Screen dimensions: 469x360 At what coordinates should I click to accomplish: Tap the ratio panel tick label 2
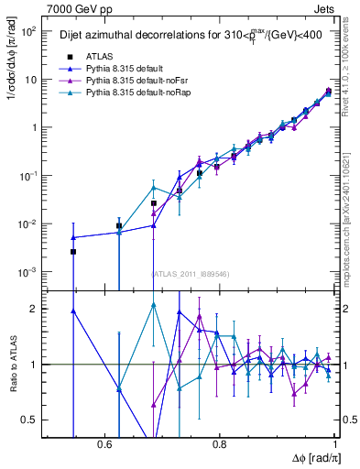click(35, 310)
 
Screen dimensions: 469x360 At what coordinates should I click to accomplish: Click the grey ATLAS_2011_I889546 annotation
click(191, 273)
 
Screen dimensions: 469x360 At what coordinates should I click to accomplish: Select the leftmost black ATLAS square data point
click(73, 251)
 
